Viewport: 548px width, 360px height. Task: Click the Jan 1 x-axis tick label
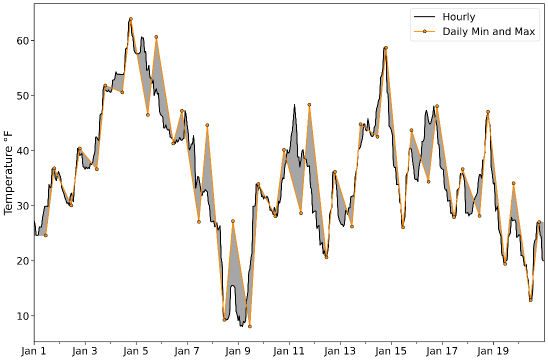coord(34,351)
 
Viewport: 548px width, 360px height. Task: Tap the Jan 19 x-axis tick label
coord(493,351)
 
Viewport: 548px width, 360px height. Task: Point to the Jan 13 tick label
coord(340,351)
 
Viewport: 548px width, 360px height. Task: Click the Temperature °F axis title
coord(8,170)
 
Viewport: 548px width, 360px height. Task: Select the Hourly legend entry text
coord(458,17)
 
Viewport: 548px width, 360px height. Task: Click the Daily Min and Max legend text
coord(488,32)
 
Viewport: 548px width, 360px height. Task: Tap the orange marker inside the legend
coord(424,32)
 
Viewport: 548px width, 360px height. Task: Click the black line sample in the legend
coord(424,17)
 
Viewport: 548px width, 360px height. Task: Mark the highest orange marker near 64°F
coord(130,19)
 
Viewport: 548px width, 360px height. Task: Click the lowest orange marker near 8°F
coord(249,326)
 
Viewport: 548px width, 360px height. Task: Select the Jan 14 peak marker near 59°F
coord(386,47)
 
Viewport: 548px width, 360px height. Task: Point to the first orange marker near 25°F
coord(45,235)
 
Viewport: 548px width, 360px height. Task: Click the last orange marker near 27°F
coord(539,222)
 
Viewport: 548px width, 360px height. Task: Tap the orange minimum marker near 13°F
coord(530,300)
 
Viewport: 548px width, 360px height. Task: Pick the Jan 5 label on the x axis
coord(136,351)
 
